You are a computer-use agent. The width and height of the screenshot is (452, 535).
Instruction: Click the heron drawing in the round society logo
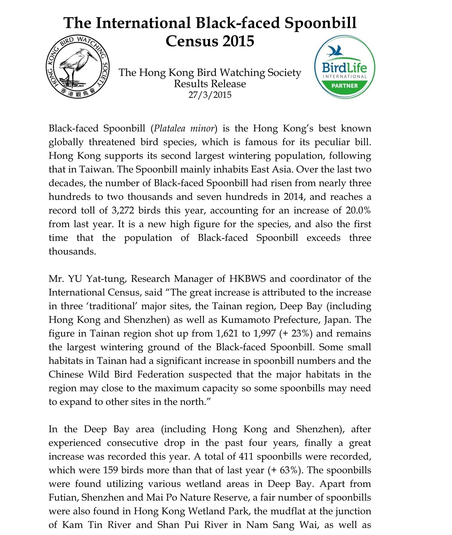[75, 64]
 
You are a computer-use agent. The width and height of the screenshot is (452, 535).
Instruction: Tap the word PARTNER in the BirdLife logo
[344, 86]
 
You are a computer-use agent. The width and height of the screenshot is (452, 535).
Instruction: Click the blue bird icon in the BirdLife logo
[335, 50]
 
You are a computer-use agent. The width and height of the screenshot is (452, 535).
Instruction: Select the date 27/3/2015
[210, 95]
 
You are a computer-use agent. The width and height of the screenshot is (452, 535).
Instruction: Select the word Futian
[63, 498]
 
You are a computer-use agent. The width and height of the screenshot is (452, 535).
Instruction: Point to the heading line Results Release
[210, 84]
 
